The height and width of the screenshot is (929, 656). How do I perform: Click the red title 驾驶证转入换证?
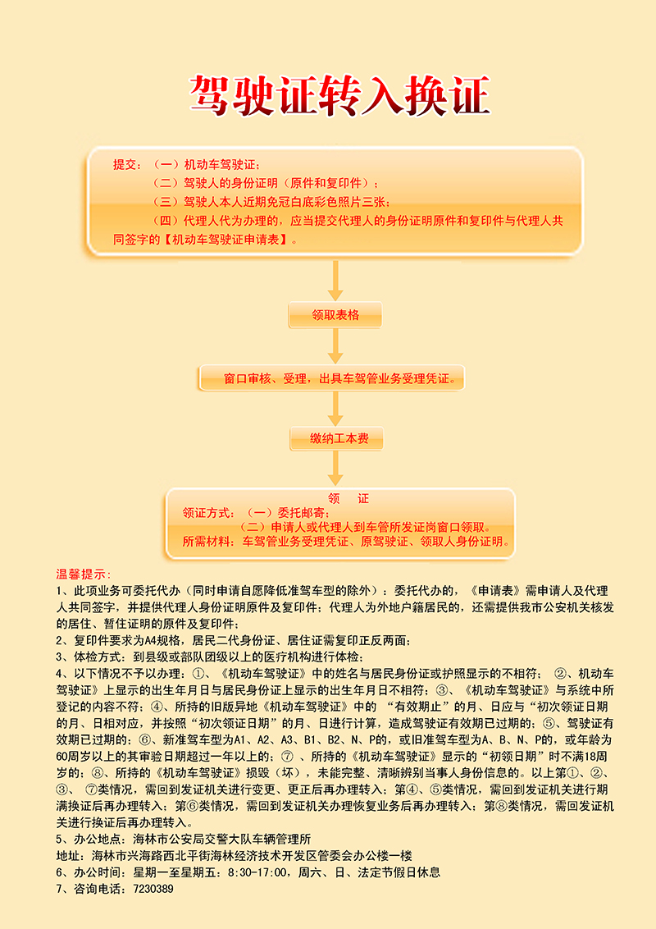(x=339, y=95)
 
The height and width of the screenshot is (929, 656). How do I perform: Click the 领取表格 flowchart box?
(x=335, y=315)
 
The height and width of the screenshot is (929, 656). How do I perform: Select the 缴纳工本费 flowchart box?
(x=336, y=438)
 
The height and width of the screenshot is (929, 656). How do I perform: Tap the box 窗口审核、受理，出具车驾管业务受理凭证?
(x=331, y=378)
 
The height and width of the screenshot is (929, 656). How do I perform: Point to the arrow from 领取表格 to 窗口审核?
(x=335, y=346)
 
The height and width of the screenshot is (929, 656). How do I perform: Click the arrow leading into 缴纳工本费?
(x=335, y=409)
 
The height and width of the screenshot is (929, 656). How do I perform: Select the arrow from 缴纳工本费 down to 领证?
(x=335, y=469)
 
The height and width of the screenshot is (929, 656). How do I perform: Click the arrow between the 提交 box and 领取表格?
(x=335, y=280)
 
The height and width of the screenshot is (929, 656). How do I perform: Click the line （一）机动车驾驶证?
(x=207, y=165)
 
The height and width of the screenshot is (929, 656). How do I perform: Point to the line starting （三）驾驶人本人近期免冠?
(x=271, y=202)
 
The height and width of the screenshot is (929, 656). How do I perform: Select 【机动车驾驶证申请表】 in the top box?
(x=225, y=240)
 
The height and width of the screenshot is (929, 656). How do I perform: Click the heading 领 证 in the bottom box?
(x=348, y=499)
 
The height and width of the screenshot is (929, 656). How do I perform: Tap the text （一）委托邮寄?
(x=289, y=513)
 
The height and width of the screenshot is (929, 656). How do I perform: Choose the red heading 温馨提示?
(x=83, y=574)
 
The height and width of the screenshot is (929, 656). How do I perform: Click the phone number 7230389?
(x=153, y=889)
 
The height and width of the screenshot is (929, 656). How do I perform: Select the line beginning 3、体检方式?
(x=210, y=657)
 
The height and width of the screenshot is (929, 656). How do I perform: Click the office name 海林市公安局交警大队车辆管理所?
(x=222, y=839)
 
